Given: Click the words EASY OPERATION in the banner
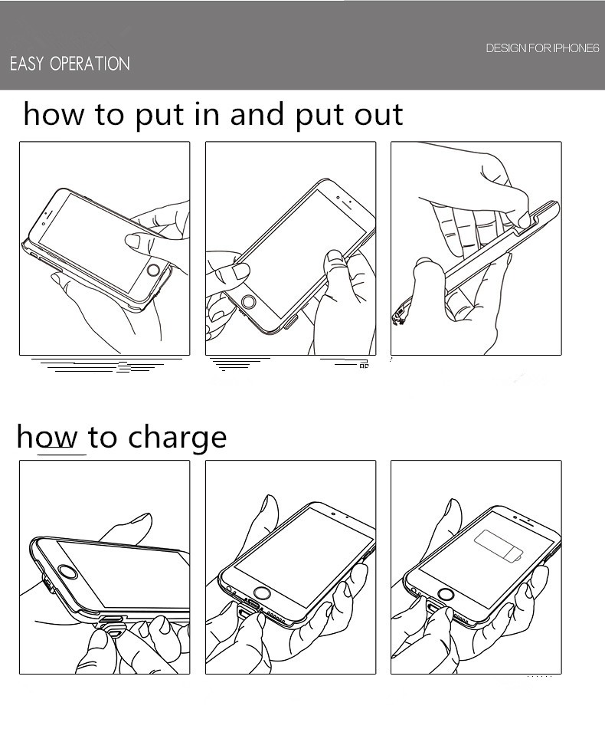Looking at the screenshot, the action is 70,64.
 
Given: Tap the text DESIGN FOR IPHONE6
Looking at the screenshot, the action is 542,48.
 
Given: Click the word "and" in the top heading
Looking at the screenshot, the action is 257,114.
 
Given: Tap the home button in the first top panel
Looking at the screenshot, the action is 153,269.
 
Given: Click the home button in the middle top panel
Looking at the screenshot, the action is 249,302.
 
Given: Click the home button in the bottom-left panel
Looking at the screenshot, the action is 68,574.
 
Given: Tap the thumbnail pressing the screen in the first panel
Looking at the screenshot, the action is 132,241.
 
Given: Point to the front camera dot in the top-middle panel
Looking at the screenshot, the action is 338,198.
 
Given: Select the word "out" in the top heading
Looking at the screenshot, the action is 378,116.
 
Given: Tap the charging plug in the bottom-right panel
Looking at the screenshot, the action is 431,612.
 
